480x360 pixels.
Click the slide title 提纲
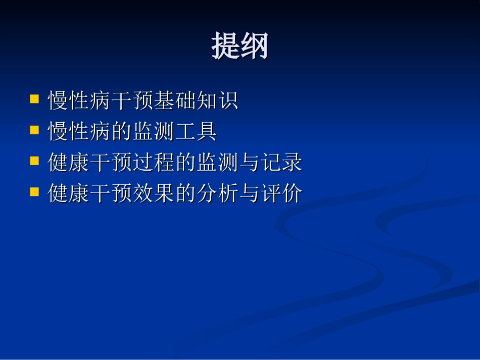pyautogui.click(x=239, y=47)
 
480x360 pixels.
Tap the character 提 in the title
pyautogui.click(x=225, y=47)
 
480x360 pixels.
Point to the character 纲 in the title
pyautogui.click(x=254, y=47)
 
